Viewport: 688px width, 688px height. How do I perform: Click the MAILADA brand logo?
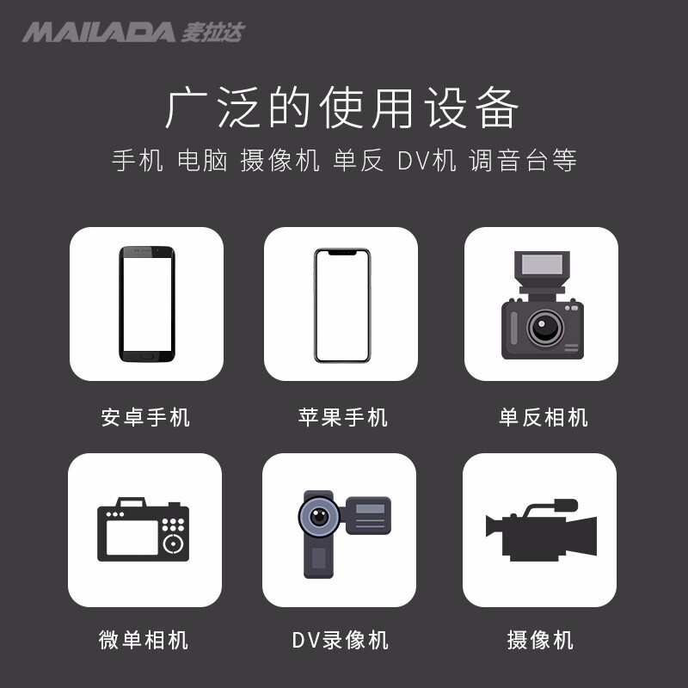point(133,32)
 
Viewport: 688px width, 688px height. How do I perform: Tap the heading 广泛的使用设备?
point(341,108)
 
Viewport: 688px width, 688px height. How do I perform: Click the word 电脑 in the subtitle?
point(202,160)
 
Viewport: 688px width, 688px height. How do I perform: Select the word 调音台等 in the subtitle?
point(523,160)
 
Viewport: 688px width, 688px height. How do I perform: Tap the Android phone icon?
point(147,304)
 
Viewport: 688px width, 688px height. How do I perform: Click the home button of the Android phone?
point(147,356)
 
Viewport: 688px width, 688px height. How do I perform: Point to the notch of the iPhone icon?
point(342,253)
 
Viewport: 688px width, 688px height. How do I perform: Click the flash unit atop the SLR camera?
point(542,269)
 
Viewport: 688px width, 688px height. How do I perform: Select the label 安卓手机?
point(145,417)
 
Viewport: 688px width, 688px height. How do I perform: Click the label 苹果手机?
point(342,417)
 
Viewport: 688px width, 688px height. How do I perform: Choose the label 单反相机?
point(544,417)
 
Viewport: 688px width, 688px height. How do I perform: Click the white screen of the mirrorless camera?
point(132,537)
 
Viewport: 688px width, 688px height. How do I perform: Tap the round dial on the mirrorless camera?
point(174,544)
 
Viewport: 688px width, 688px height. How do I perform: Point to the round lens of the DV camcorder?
point(319,516)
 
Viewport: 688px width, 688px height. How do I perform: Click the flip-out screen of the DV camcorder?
point(369,515)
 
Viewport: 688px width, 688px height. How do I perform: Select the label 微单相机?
point(144,640)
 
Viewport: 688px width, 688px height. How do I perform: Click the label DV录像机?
point(341,640)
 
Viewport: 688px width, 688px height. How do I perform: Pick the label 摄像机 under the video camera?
point(540,640)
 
